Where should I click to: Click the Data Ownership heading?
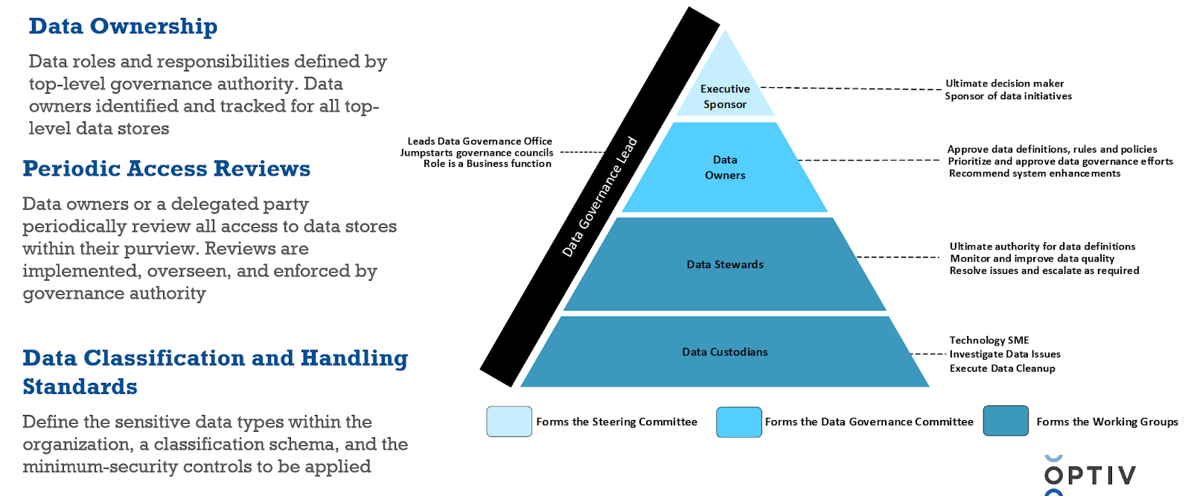pos(123,27)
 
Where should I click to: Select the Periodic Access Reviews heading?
pos(166,169)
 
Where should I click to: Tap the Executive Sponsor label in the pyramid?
pos(725,97)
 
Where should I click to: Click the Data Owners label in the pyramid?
pos(725,168)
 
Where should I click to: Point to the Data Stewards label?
pos(725,264)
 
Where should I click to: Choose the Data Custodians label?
pos(725,352)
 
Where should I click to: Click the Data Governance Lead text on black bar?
pos(600,197)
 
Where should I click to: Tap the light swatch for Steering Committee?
pos(509,422)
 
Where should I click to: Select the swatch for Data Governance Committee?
pos(738,422)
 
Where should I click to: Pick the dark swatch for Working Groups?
pos(1006,421)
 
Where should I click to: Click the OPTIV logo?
pos(1090,475)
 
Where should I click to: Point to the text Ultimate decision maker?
pos(1004,83)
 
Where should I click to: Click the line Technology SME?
pos(989,340)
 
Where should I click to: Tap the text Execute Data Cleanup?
pos(1002,369)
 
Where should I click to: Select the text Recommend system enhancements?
pos(1034,174)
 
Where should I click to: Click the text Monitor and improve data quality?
pos(1032,258)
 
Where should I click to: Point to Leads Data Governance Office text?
pos(479,141)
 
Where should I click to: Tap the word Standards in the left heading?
pos(80,387)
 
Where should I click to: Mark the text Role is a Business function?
pos(488,164)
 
